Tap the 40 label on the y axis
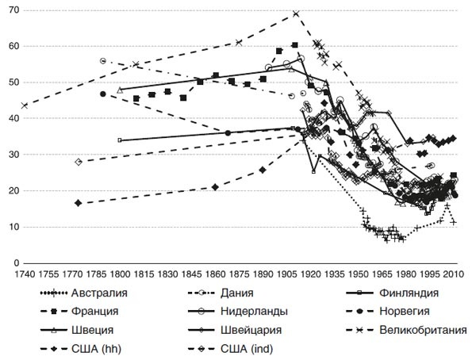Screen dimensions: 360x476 click(x=14, y=119)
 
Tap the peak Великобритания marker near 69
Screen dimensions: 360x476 click(x=295, y=13)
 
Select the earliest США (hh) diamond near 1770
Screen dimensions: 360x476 click(x=78, y=203)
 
